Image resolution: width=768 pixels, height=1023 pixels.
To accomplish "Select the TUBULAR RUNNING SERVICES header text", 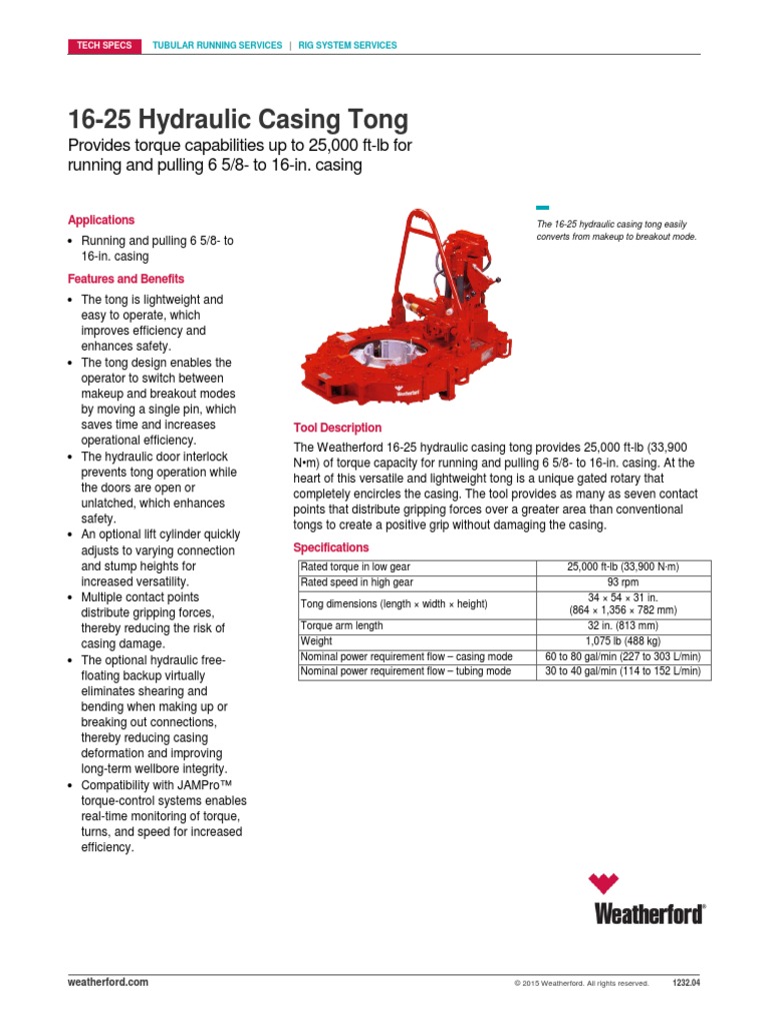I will pyautogui.click(x=216, y=45).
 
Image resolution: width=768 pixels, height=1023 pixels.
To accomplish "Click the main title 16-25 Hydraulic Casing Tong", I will pyautogui.click(x=238, y=120).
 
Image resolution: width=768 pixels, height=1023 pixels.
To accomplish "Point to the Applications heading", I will pyautogui.click(x=101, y=220).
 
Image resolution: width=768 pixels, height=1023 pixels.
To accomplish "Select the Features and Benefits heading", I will pyautogui.click(x=126, y=279).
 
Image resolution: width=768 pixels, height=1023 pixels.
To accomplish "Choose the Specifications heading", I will pyautogui.click(x=330, y=547).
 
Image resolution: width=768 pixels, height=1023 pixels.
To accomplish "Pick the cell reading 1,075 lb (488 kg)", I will pyautogui.click(x=623, y=640).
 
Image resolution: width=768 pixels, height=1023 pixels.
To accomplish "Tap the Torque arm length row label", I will pyautogui.click(x=341, y=626).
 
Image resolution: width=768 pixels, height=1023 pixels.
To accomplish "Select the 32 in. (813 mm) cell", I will pyautogui.click(x=623, y=626).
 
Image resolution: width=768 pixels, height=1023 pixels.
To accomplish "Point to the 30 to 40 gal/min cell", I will pyautogui.click(x=623, y=671).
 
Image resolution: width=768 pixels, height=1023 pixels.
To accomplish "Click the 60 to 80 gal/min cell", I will pyautogui.click(x=623, y=655).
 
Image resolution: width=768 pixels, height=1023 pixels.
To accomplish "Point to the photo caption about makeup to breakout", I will pyautogui.click(x=617, y=231).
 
